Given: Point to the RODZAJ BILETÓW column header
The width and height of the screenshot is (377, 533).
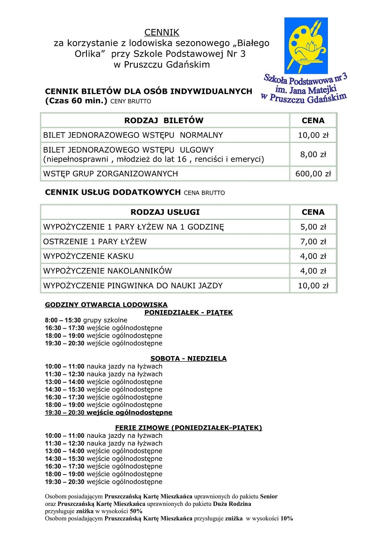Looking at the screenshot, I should tap(164, 120).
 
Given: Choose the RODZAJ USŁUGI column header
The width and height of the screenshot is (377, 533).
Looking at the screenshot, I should tap(165, 212).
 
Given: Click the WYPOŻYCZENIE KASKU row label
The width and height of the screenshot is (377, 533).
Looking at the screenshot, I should tap(88, 256).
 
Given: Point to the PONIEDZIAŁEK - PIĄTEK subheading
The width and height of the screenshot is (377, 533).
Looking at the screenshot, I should tap(188, 313).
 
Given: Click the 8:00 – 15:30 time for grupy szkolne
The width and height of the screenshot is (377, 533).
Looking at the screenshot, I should tap(63, 320).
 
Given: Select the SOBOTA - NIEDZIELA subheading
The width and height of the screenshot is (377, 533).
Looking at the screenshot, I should tap(188, 358).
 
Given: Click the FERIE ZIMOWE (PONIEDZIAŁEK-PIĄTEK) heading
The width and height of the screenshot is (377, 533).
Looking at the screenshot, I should tap(188, 428).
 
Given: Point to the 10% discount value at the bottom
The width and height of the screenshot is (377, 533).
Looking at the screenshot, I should tap(286, 519).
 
